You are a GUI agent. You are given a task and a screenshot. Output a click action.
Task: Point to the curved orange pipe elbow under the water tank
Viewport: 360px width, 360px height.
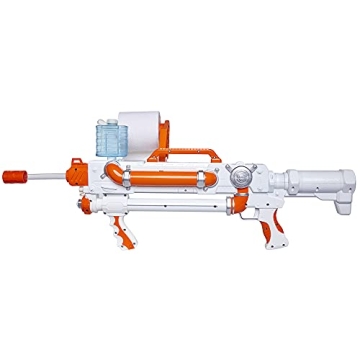point(118,170)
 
